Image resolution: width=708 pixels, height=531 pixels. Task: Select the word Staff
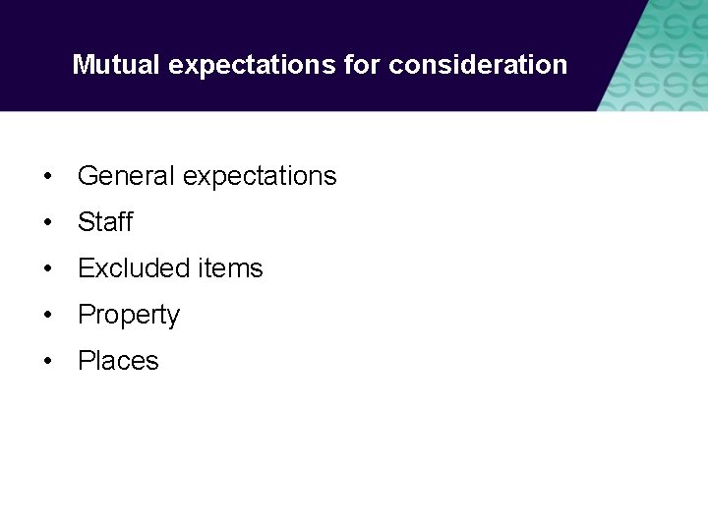click(x=105, y=222)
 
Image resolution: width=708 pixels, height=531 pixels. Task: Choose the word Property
click(x=129, y=316)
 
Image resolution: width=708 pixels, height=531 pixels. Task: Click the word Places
click(x=118, y=361)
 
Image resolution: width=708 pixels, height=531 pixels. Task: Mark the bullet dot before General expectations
click(x=48, y=177)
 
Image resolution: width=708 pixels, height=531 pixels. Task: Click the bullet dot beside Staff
click(x=48, y=223)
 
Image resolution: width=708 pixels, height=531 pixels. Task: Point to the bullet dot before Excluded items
click(x=48, y=269)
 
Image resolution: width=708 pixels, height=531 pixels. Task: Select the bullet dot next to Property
click(x=48, y=316)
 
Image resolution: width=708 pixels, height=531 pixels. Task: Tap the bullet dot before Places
click(x=48, y=362)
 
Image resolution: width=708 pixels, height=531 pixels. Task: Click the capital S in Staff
click(x=86, y=222)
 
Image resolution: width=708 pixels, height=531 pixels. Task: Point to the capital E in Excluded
click(x=86, y=268)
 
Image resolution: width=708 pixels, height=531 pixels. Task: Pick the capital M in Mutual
click(x=83, y=65)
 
